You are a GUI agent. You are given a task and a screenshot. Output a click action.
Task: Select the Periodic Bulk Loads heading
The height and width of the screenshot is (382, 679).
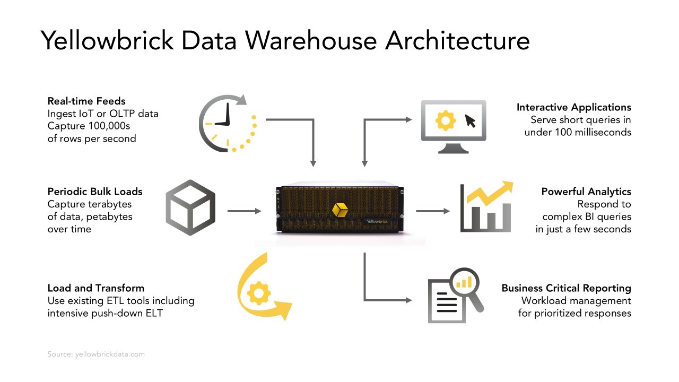coord(95,192)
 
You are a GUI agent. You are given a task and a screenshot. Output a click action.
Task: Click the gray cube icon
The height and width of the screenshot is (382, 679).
coord(190,207)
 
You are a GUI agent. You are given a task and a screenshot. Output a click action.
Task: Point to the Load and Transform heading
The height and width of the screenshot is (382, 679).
coord(95,288)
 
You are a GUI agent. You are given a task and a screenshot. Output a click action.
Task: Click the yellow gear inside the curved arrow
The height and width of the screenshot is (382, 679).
coord(259,293)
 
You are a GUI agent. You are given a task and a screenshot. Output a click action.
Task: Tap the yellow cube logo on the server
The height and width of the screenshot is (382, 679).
coord(339,209)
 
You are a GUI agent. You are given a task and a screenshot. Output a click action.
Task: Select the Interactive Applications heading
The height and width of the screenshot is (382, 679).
coord(573,107)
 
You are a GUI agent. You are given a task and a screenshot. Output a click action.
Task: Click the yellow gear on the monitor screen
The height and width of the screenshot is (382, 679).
coord(445,121)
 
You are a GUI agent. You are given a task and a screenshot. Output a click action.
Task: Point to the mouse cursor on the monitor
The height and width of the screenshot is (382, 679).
coord(470,121)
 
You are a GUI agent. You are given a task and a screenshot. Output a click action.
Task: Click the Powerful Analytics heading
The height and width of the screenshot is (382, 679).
coord(586,192)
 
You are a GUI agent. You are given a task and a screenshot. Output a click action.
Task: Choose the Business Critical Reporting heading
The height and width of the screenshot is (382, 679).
coord(566,288)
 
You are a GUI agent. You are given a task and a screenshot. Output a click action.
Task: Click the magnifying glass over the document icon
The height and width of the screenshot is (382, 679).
coord(466,285)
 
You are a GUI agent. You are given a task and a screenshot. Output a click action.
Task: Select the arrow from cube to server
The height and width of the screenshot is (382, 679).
coord(245,211)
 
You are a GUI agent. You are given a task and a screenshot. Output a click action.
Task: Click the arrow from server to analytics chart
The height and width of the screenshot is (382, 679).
coord(432,211)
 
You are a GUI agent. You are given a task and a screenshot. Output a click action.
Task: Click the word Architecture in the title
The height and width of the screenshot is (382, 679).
coord(457,40)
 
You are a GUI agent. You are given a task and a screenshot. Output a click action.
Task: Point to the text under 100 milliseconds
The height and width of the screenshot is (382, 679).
coord(578,132)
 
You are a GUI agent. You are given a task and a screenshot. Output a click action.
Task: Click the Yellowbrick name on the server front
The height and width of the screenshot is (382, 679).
coord(377,221)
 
